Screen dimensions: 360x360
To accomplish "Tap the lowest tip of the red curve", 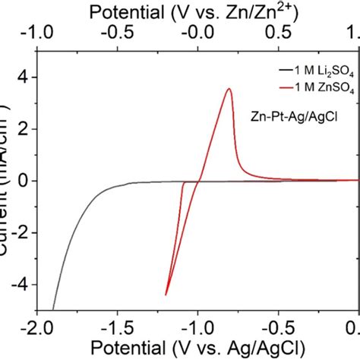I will (x=166, y=295).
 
